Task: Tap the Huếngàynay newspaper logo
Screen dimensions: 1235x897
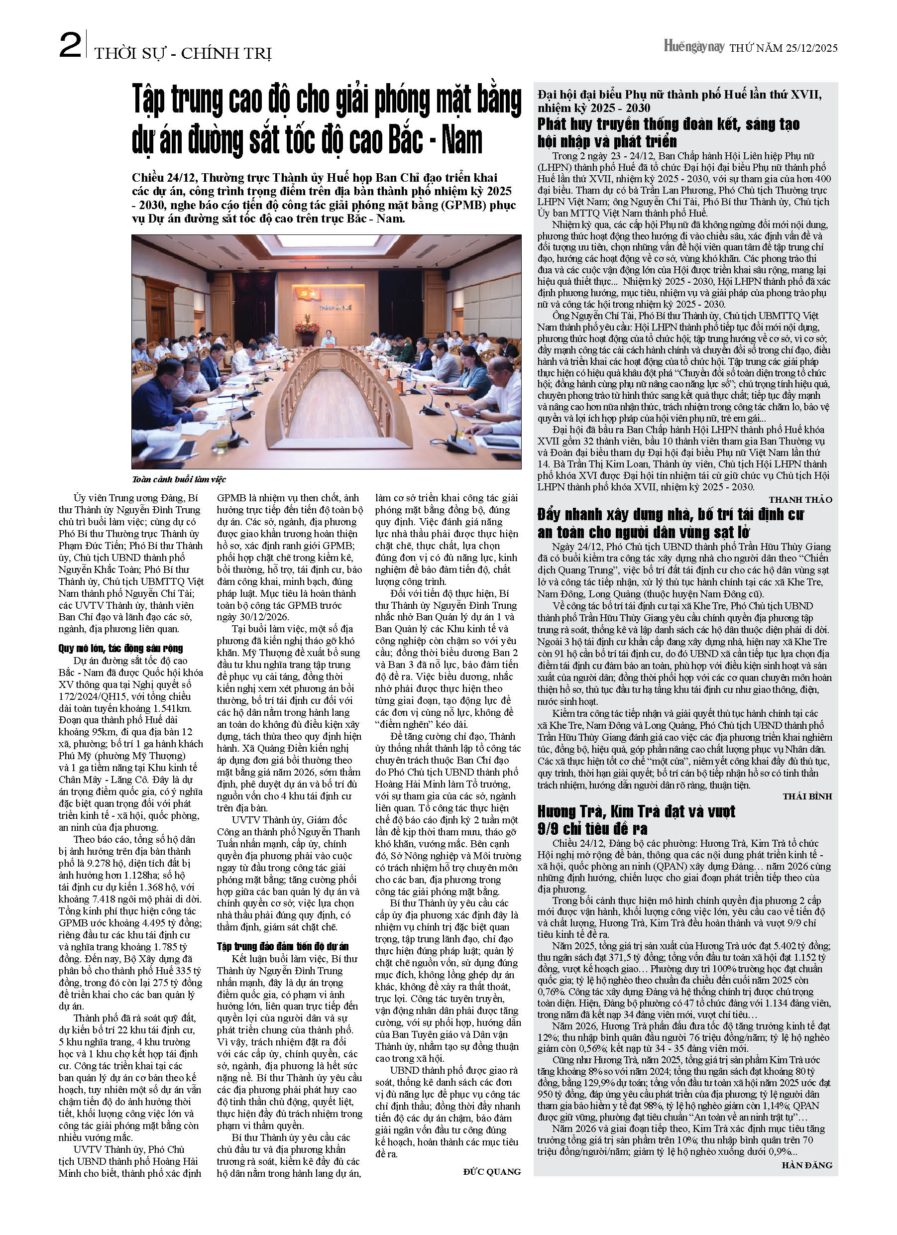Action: [693, 47]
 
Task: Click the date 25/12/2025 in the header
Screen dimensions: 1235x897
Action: [811, 48]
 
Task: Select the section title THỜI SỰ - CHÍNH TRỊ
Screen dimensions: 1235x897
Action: [183, 54]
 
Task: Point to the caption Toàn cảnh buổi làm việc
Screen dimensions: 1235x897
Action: [179, 480]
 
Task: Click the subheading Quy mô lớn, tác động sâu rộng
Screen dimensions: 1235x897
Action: [121, 648]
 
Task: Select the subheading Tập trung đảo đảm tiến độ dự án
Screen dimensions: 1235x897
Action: [283, 946]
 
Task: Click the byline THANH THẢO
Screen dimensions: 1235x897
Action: [800, 499]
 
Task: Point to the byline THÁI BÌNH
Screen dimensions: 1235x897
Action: [807, 796]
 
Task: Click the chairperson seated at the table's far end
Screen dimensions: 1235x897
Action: [329, 340]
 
